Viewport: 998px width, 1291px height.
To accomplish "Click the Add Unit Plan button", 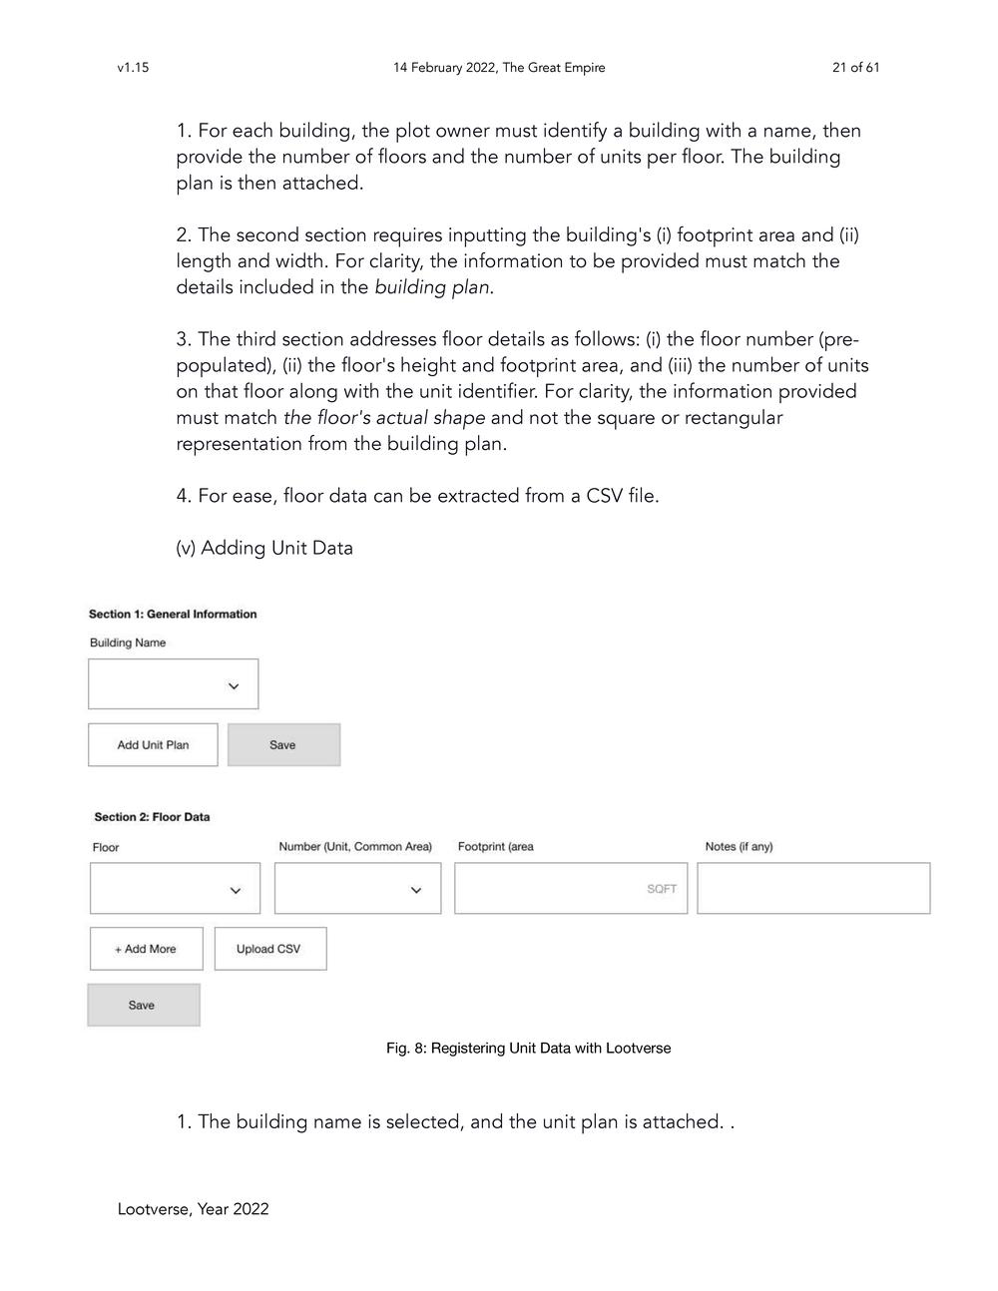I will [153, 745].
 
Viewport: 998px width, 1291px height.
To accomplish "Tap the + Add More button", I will [146, 949].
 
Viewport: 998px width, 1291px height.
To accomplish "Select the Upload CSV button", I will [269, 949].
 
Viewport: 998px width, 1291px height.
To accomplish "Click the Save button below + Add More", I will [143, 1005].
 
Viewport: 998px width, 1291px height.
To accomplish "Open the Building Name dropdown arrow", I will [234, 686].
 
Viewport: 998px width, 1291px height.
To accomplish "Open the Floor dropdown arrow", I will [236, 890].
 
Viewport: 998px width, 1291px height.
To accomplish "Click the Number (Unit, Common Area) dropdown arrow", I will [416, 890].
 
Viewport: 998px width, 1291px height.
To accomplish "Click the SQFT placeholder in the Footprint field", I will [661, 889].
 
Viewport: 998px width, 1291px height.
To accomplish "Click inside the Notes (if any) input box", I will [812, 888].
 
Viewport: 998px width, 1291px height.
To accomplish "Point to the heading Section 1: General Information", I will [173, 615].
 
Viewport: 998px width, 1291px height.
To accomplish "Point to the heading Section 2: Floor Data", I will [152, 817].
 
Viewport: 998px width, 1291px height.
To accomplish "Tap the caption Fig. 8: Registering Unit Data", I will [528, 1048].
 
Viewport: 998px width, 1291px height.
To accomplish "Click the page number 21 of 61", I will [855, 68].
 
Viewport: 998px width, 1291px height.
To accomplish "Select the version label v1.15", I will [133, 68].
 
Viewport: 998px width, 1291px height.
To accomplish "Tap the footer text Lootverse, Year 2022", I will [193, 1209].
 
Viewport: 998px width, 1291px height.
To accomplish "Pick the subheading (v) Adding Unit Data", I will [264, 548].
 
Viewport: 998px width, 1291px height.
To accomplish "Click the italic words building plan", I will [432, 287].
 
